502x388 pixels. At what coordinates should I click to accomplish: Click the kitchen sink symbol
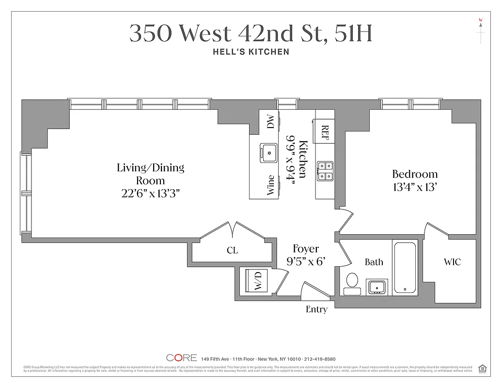pos(268,153)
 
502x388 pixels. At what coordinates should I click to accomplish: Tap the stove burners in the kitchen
pos(325,170)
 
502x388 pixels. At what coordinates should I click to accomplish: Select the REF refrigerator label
pos(325,132)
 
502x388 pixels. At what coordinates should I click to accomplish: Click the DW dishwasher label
pos(271,121)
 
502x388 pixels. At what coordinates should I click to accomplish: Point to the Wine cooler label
pos(271,185)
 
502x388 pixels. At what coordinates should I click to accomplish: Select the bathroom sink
pos(376,287)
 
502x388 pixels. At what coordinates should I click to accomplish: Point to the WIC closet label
pos(452,262)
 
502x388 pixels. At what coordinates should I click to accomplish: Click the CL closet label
pos(233,251)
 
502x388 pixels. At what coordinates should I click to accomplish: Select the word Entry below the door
pos(316,309)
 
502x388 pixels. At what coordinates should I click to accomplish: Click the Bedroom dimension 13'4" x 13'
pos(415,187)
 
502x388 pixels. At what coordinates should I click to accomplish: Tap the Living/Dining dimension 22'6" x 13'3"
pos(150,194)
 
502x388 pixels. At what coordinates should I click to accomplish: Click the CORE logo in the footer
pos(181,358)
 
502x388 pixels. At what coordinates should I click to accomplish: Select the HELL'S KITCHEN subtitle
pos(251,52)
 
